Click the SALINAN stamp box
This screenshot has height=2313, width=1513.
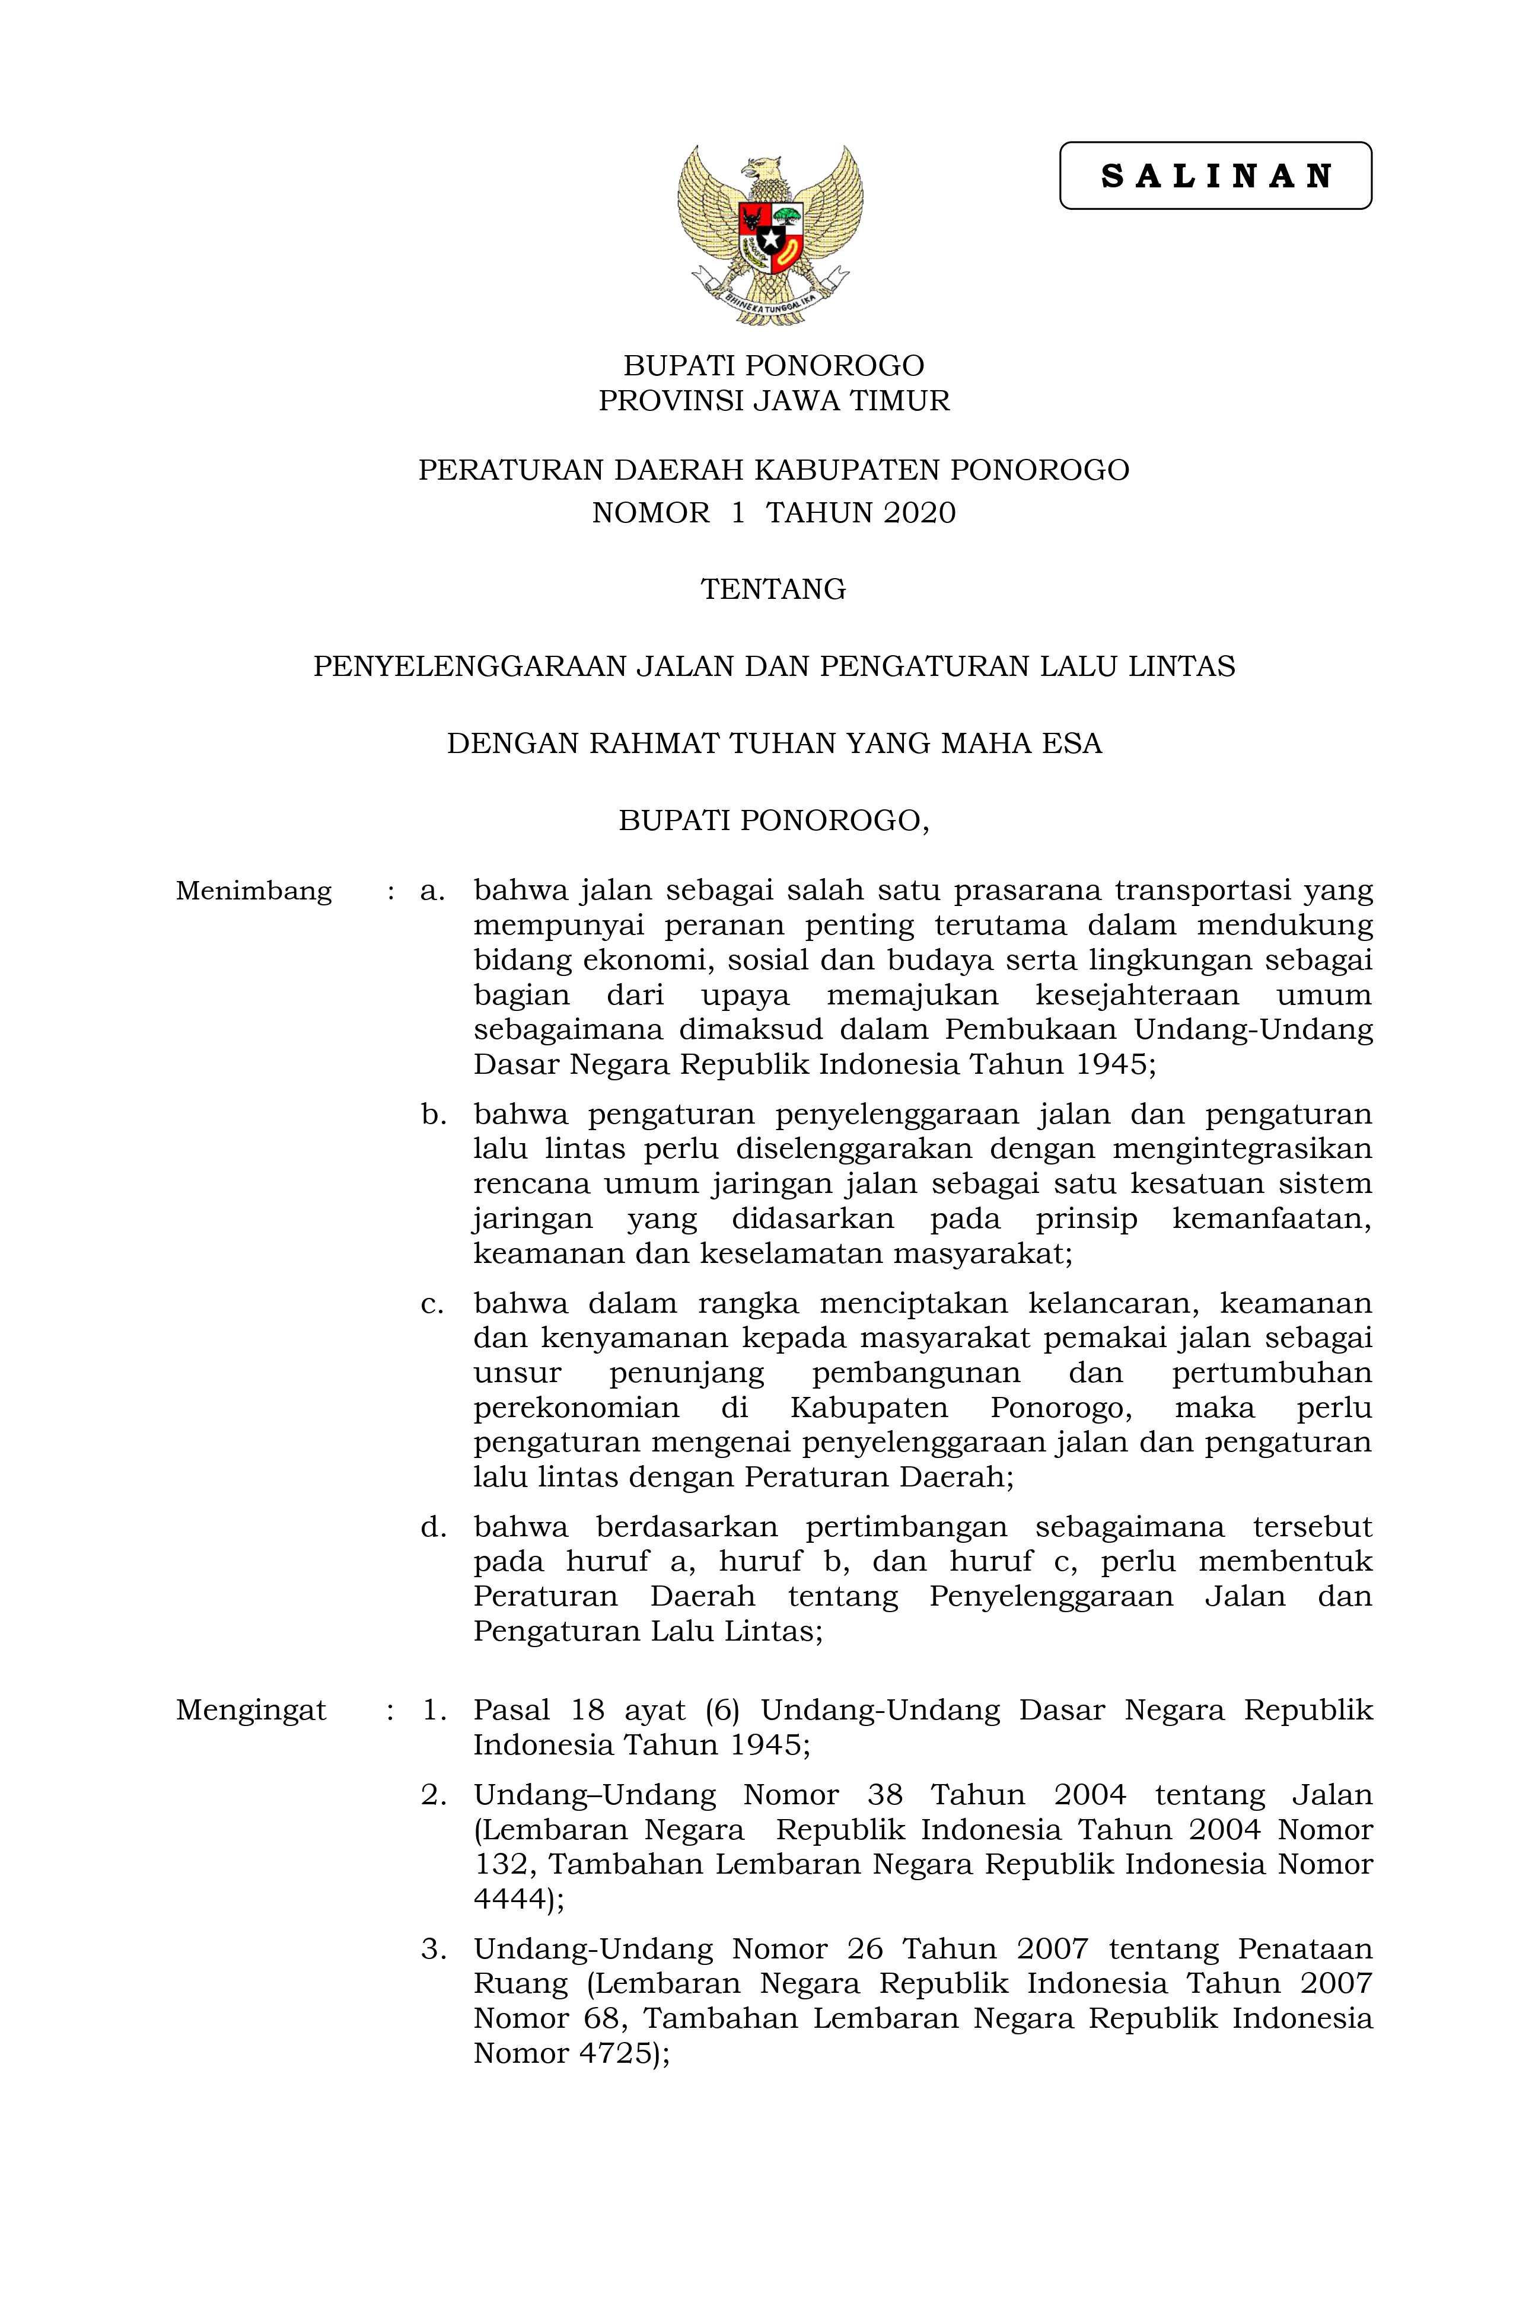pyautogui.click(x=1215, y=176)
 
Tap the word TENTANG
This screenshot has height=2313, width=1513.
pyautogui.click(x=773, y=589)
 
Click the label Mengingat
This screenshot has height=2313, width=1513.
pyautogui.click(x=251, y=1709)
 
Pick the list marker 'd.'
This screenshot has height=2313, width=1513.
pyautogui.click(x=434, y=1527)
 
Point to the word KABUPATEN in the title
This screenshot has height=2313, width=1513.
pyautogui.click(x=847, y=470)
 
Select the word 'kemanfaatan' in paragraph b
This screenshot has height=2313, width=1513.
pyautogui.click(x=1271, y=1218)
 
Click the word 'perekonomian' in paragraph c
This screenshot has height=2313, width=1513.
pyautogui.click(x=576, y=1408)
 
